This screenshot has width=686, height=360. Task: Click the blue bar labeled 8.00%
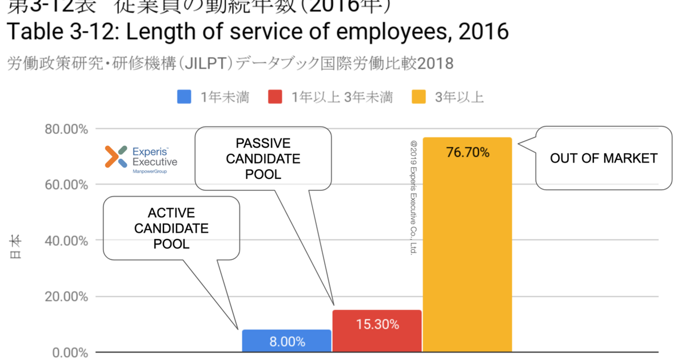point(286,341)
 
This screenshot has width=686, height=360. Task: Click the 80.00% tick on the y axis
point(67,129)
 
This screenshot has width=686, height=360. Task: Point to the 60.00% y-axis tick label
point(67,185)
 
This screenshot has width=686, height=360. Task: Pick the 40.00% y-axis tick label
point(67,241)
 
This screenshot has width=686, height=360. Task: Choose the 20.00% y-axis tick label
point(67,297)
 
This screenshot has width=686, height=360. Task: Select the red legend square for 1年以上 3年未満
point(275,98)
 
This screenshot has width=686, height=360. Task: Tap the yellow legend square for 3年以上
point(418,98)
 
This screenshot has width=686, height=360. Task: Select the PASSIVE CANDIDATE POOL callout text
point(263,158)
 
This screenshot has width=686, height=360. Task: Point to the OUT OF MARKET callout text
point(604,158)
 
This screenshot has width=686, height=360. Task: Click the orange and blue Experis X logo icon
point(116,157)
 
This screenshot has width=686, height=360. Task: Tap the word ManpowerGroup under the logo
point(149,171)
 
